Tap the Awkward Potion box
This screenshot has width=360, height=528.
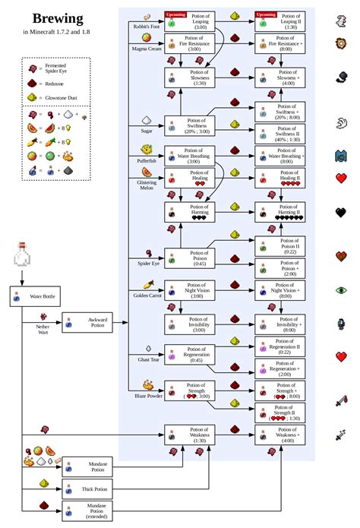(x=87, y=322)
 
